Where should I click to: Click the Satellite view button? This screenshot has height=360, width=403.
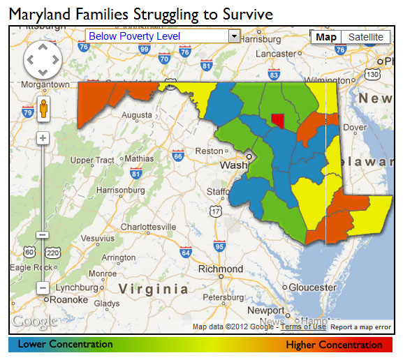tap(366, 37)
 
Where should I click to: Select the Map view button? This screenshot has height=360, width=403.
tap(325, 37)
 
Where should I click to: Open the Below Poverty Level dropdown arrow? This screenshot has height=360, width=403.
tap(234, 36)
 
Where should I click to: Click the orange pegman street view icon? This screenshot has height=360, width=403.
tap(43, 110)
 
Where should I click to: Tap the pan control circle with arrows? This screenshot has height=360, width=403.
tap(43, 60)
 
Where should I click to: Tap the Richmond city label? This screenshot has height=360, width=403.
tap(221, 269)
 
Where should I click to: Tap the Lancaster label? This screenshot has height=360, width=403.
tap(277, 54)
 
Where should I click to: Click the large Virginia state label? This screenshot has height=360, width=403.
tap(153, 289)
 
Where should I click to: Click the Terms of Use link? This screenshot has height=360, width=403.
tap(304, 327)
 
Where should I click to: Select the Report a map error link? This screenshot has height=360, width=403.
tap(360, 327)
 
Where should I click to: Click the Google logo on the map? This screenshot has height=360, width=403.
tap(34, 322)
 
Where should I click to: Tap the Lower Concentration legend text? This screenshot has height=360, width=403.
tap(65, 344)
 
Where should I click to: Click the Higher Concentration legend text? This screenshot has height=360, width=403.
tap(334, 345)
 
